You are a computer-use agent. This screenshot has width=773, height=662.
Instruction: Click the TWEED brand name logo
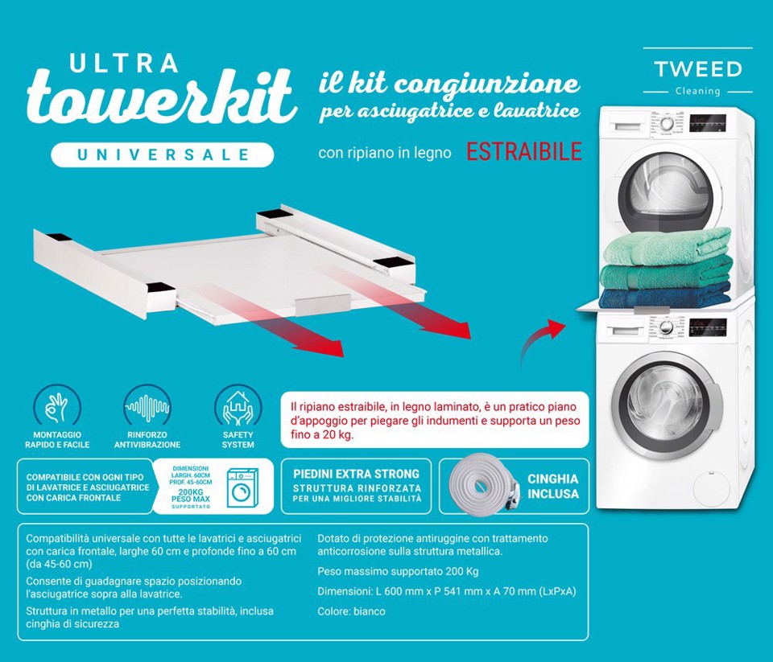click(697, 69)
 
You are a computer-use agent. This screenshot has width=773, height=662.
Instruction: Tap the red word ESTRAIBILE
click(523, 152)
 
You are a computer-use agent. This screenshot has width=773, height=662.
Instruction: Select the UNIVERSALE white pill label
click(163, 154)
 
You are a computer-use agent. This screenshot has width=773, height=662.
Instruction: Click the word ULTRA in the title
click(124, 64)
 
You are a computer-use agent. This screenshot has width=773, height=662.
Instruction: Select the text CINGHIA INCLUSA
click(552, 486)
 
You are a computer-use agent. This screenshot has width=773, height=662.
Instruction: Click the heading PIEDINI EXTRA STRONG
click(357, 474)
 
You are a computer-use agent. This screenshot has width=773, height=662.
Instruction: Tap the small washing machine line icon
click(241, 487)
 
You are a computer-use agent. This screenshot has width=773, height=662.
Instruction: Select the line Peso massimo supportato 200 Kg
click(398, 571)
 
